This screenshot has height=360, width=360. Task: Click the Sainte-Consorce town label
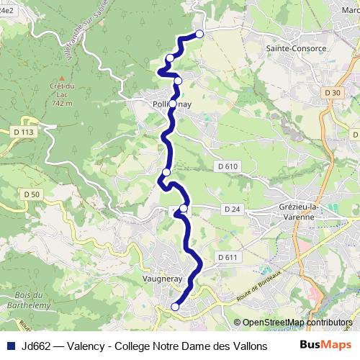coord(296,48)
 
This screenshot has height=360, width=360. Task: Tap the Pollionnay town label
coord(171,104)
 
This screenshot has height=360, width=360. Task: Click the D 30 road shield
coord(332,93)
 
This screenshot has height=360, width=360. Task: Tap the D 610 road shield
coord(226,166)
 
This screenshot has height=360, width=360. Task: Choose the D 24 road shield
coord(231,209)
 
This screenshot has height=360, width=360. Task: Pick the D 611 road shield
coord(226,257)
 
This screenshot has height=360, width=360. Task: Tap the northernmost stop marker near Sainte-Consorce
coord(199,33)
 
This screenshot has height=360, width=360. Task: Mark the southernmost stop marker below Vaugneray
coord(175,307)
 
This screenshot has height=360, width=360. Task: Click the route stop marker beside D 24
coord(184,209)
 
